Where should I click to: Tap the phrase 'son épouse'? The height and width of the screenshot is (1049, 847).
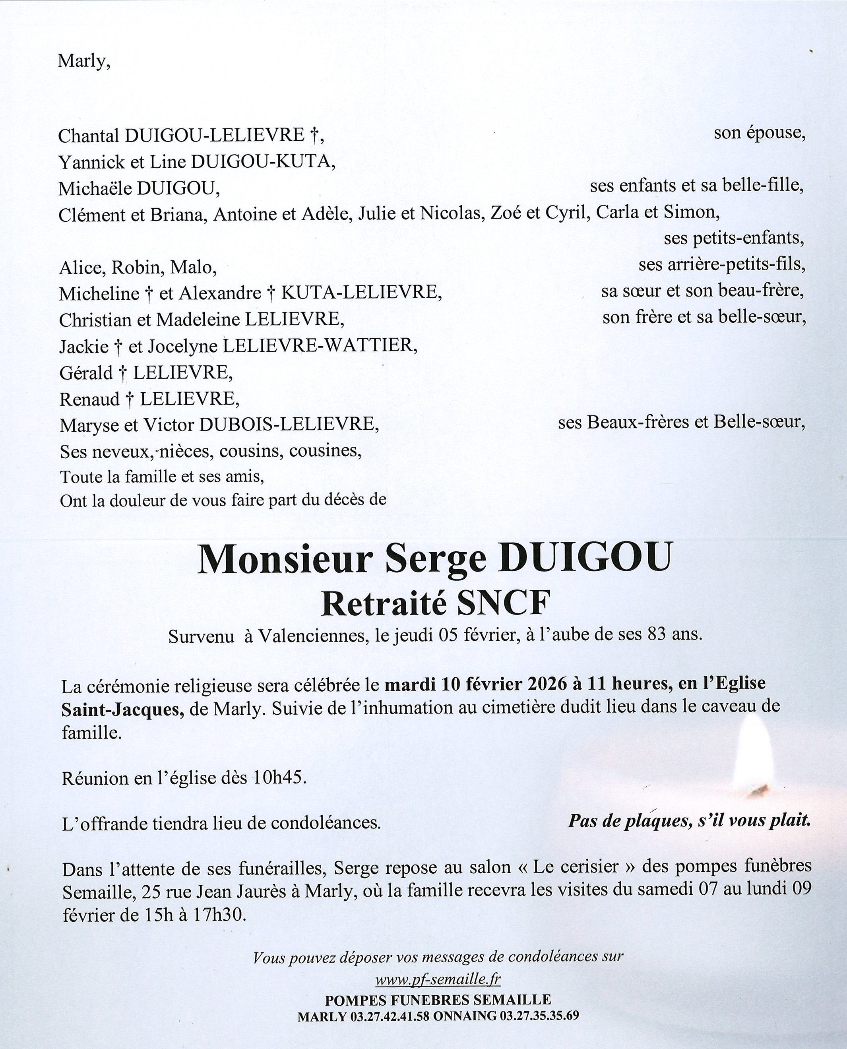click(x=759, y=133)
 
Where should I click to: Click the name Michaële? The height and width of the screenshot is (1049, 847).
click(x=95, y=189)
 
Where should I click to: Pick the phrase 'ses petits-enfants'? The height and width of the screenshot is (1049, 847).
click(x=733, y=238)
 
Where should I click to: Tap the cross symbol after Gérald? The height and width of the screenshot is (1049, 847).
click(x=122, y=374)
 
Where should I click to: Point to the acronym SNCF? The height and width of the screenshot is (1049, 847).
click(x=504, y=604)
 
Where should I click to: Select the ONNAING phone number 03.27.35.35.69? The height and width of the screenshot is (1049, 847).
click(x=539, y=1016)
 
